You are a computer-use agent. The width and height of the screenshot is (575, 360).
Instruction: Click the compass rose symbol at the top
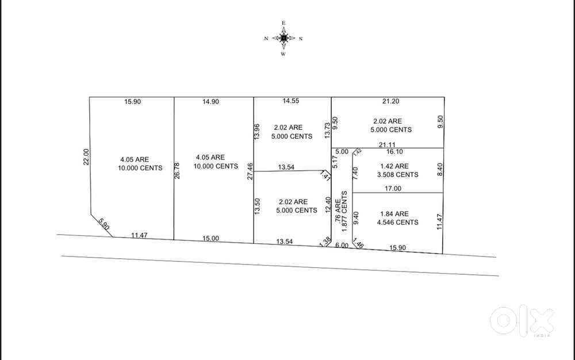click(283, 38)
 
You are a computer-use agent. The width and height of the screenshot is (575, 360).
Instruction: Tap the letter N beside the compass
click(266, 39)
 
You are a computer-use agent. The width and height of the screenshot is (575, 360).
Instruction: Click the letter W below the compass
click(283, 54)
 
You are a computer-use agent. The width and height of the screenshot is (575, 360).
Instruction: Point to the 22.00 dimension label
click(86, 156)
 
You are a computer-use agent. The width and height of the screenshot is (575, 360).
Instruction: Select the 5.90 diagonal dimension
click(104, 224)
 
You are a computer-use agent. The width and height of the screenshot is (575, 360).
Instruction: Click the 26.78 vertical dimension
click(177, 171)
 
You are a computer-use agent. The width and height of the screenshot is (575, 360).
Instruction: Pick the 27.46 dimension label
click(250, 171)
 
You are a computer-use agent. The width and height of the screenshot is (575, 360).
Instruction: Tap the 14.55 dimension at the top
click(291, 101)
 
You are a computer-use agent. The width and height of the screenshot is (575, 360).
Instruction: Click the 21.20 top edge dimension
click(390, 101)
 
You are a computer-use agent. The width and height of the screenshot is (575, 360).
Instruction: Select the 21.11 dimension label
click(387, 145)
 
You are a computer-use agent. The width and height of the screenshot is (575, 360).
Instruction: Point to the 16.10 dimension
click(394, 151)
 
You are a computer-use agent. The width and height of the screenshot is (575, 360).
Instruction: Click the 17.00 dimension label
click(393, 189)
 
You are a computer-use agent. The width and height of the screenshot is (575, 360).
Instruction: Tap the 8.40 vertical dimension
click(440, 170)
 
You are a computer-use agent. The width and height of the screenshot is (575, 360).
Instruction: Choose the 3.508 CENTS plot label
click(398, 175)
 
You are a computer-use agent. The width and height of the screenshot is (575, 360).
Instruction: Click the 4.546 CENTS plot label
click(398, 222)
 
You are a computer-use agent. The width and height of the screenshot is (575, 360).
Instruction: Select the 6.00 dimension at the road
click(342, 245)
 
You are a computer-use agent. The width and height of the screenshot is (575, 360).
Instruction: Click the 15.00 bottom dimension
click(211, 238)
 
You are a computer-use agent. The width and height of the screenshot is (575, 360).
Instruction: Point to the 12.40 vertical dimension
click(328, 205)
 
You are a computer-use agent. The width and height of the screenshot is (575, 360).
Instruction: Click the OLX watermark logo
click(522, 322)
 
